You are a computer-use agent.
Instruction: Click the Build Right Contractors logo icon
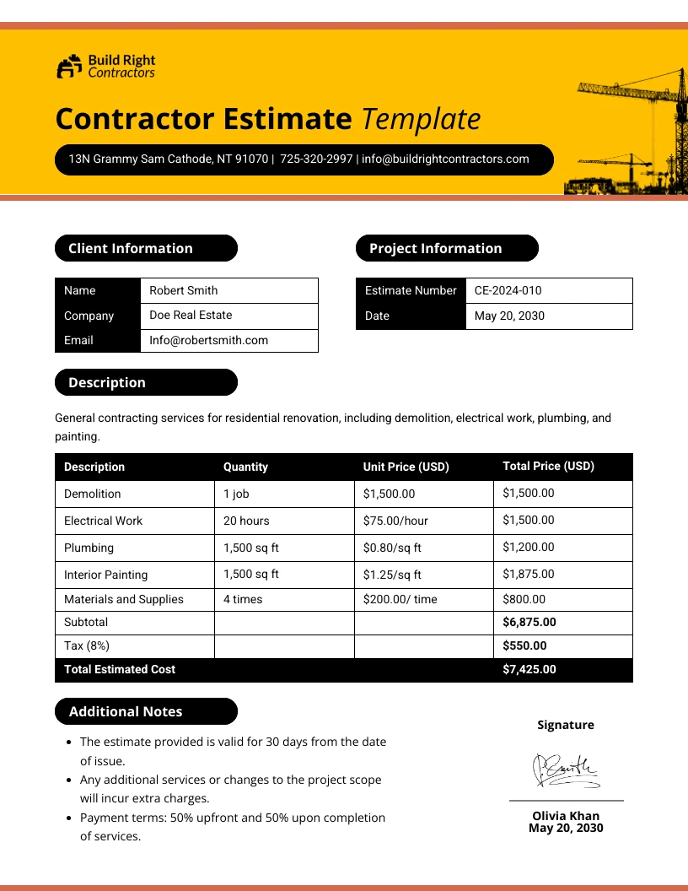point(70,67)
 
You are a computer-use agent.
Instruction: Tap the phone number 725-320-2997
point(316,159)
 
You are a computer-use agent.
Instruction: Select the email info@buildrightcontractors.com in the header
point(445,159)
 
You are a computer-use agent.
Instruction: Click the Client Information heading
point(131,248)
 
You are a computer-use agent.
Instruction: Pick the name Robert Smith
point(183,290)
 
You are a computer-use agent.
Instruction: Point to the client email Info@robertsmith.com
point(208,340)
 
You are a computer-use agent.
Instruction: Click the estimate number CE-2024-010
point(508,290)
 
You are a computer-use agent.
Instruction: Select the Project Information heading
point(435,248)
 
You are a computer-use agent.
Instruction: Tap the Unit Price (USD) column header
point(406,467)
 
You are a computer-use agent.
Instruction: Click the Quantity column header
point(245,467)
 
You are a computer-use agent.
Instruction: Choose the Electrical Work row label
point(103,521)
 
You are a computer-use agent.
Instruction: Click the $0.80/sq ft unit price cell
point(392,548)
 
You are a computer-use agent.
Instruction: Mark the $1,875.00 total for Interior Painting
point(529,574)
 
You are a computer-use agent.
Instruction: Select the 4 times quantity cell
point(243,599)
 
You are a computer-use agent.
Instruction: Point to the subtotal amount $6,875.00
point(529,622)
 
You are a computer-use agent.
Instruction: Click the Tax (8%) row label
point(87,645)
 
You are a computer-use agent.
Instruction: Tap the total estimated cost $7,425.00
point(529,669)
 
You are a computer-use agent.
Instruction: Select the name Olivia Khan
point(566,816)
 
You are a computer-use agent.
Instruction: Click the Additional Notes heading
point(126,711)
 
